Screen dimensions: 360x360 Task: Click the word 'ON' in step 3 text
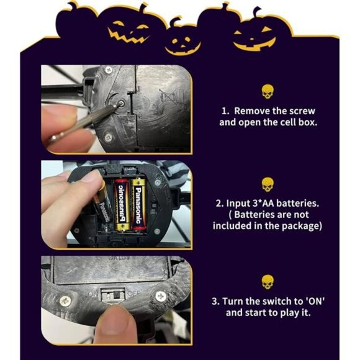pos(315,301)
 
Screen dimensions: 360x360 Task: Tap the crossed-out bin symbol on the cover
pos(166,96)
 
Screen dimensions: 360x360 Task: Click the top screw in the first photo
pos(109,70)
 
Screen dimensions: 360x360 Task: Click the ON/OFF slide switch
pos(112,292)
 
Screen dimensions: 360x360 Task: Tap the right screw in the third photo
pos(161,297)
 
